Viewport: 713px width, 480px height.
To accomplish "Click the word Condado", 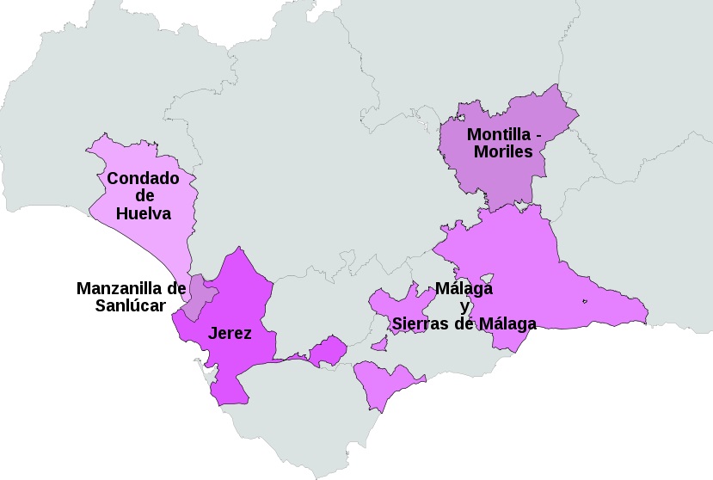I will [x=143, y=179].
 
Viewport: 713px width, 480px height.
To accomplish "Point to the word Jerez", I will [x=230, y=333].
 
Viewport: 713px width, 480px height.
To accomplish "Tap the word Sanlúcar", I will [x=131, y=305].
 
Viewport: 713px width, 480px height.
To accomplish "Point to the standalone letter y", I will [x=464, y=306].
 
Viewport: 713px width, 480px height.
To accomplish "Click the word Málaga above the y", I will [x=464, y=288].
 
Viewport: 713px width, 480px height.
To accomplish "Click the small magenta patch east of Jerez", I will [x=328, y=351].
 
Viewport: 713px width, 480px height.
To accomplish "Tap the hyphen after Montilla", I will [x=538, y=135].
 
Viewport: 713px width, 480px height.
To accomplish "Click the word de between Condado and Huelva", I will [x=144, y=196].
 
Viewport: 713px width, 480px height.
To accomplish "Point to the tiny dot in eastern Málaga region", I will [x=584, y=301].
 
